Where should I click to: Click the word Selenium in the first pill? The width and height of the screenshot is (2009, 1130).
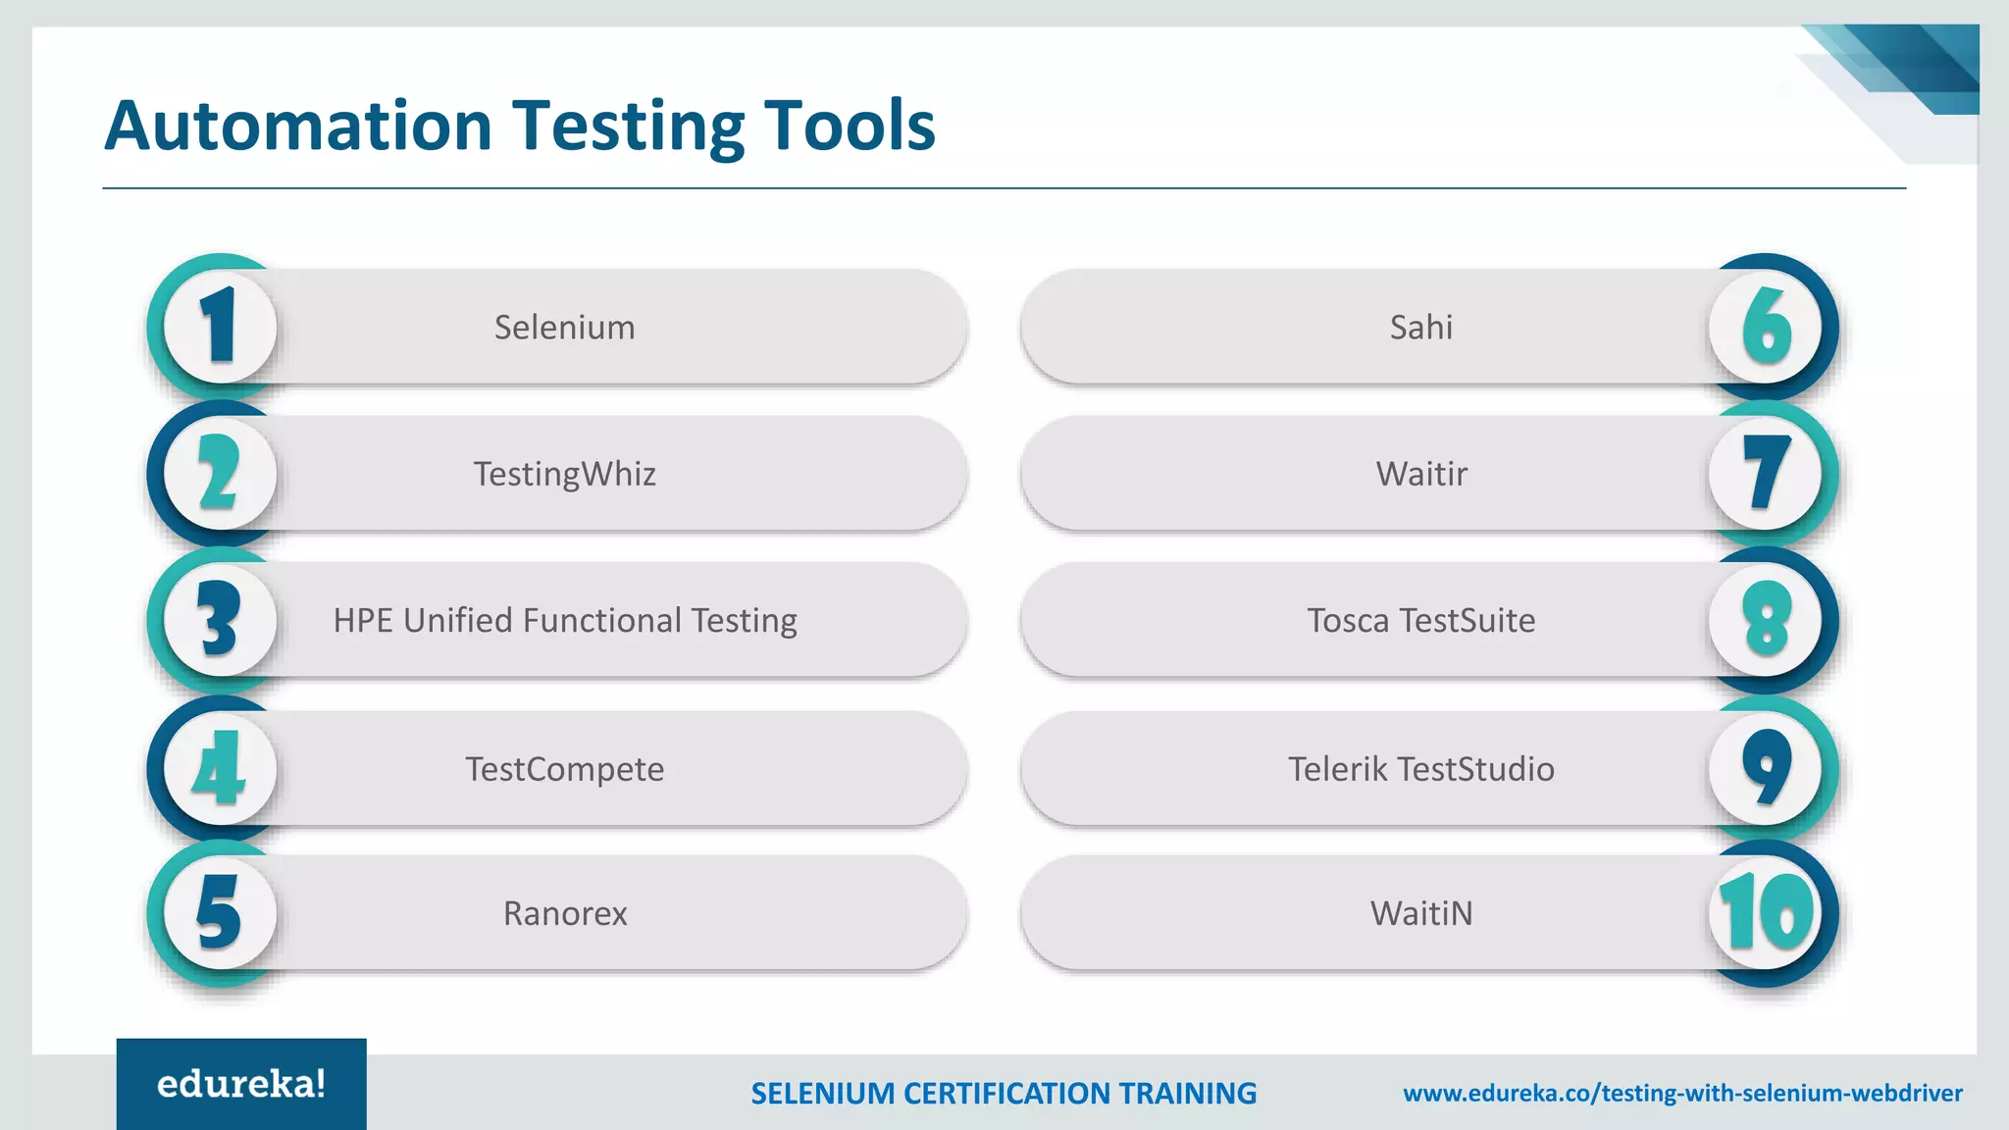click(x=564, y=327)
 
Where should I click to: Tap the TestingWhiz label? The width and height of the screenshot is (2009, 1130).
click(x=564, y=474)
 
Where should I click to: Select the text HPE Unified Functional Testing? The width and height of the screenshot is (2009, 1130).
click(x=564, y=620)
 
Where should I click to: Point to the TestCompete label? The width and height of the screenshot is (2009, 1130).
click(x=564, y=768)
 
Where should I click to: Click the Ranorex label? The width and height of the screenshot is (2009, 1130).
click(x=564, y=913)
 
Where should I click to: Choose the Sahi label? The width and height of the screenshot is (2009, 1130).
click(x=1420, y=327)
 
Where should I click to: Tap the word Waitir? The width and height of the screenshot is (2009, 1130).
click(x=1420, y=474)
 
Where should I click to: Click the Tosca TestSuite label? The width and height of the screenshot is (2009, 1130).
click(x=1420, y=620)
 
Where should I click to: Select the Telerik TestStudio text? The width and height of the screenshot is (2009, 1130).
click(x=1420, y=768)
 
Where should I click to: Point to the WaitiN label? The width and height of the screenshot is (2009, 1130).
click(x=1420, y=913)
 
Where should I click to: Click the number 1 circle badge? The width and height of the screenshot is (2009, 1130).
click(x=220, y=327)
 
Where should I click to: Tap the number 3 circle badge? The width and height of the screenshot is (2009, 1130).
click(x=220, y=620)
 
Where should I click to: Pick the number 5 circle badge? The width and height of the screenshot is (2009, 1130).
click(x=220, y=913)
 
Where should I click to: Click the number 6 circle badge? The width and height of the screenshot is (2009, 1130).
click(x=1766, y=327)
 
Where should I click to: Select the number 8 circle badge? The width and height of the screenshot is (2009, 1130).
click(x=1766, y=620)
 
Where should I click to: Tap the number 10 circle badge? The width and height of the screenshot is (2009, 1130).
click(x=1766, y=913)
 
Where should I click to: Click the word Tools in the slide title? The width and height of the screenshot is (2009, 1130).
click(x=849, y=126)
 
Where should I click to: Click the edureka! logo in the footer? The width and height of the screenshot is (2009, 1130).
click(x=241, y=1084)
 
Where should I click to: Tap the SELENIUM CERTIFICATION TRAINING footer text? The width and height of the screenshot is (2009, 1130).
click(x=1003, y=1093)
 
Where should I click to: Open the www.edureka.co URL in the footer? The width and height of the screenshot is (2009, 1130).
click(x=1682, y=1093)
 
